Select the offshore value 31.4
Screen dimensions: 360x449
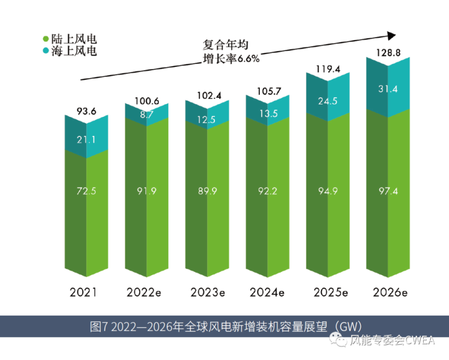[x=388, y=90]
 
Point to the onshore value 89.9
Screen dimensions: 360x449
[x=207, y=191]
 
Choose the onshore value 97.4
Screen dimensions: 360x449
[x=388, y=191]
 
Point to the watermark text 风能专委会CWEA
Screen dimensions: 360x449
[x=391, y=340]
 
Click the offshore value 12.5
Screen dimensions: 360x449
[x=207, y=119]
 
